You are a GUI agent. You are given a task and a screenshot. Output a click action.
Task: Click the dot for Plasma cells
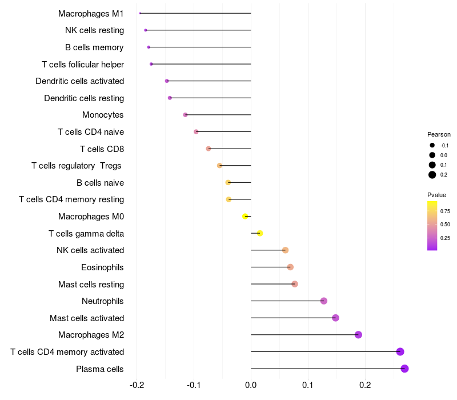404,369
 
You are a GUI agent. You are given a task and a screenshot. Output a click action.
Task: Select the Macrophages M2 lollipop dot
358,335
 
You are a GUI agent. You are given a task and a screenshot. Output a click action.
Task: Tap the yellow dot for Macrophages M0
245,217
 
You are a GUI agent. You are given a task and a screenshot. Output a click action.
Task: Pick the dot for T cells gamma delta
260,233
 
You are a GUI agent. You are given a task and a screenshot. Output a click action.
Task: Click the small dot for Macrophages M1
140,13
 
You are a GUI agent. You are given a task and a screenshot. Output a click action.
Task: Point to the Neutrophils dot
324,301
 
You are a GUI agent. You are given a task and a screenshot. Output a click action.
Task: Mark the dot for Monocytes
185,115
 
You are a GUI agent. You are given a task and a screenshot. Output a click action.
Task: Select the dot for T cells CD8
209,149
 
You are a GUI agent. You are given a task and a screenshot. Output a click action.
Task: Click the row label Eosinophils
102,267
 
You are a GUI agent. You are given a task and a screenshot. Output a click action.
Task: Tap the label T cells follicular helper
83,64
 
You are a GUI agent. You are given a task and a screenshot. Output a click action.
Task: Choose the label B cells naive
100,183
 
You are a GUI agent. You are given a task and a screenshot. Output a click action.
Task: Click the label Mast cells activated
87,318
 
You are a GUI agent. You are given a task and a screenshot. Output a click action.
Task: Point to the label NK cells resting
94,30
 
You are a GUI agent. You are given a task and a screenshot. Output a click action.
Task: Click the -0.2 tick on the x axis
137,385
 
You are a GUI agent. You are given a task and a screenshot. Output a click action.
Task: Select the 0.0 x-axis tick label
251,385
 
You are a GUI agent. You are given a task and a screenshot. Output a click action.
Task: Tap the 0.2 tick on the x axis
365,385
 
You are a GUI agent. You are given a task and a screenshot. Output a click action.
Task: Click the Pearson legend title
439,135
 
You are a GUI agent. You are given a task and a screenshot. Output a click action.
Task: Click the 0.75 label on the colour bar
445,211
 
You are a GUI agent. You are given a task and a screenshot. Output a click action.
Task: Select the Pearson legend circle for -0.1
432,146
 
